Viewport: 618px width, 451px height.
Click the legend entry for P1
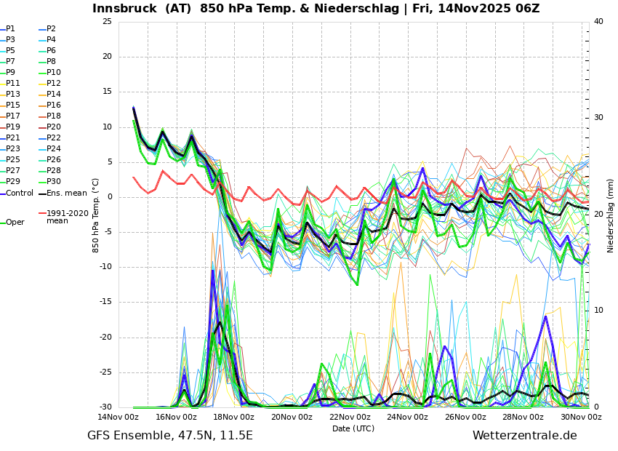click(10, 29)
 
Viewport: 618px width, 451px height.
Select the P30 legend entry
click(54, 182)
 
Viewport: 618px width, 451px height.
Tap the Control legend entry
click(20, 193)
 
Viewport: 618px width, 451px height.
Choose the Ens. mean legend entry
click(66, 193)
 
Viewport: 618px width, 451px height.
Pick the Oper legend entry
click(15, 223)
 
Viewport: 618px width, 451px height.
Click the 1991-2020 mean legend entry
click(67, 217)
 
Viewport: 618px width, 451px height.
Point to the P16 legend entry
click(54, 105)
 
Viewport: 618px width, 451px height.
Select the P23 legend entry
click(13, 149)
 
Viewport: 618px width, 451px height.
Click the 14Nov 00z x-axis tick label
click(119, 418)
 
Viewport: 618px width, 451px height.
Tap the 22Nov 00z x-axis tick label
click(350, 418)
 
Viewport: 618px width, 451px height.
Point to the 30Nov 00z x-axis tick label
click(581, 418)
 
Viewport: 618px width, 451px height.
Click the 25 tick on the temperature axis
click(107, 22)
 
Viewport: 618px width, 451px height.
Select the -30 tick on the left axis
click(105, 407)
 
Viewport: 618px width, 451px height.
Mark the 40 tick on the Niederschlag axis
click(598, 22)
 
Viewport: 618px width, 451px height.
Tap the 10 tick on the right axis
click(598, 311)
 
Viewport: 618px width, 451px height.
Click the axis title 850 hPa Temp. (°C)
click(96, 215)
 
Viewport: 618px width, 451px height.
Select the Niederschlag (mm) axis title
click(611, 215)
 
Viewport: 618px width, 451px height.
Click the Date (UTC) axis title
click(353, 428)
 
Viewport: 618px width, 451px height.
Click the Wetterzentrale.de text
click(524, 436)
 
